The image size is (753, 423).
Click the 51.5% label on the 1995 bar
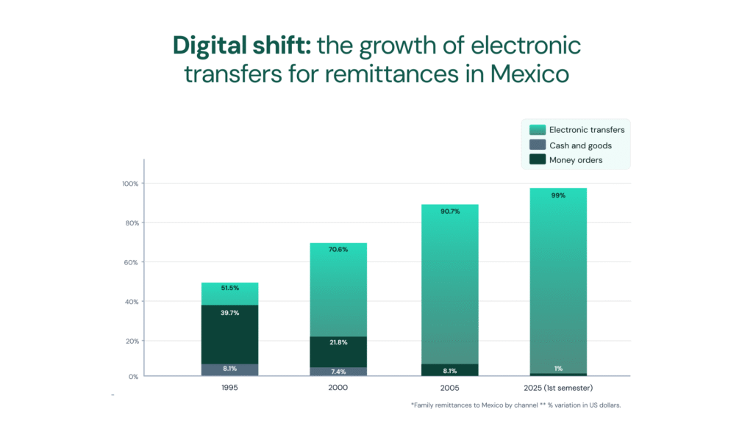click(x=229, y=288)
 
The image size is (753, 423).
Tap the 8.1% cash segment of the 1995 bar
click(x=229, y=369)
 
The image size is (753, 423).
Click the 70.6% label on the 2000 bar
click(x=339, y=249)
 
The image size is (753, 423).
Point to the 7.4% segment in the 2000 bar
click(x=339, y=372)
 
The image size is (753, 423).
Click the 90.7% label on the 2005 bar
click(x=450, y=211)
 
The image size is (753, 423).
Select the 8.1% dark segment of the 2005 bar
click(x=450, y=371)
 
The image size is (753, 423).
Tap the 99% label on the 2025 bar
click(x=558, y=195)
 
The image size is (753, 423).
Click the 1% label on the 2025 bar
click(x=558, y=369)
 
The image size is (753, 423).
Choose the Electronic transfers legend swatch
click(x=535, y=130)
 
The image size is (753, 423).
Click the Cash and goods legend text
click(x=580, y=145)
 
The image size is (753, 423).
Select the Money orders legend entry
click(x=576, y=160)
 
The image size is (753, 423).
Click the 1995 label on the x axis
click(x=229, y=387)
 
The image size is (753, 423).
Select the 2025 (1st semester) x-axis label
click(x=558, y=387)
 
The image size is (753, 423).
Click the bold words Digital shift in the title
click(x=241, y=46)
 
